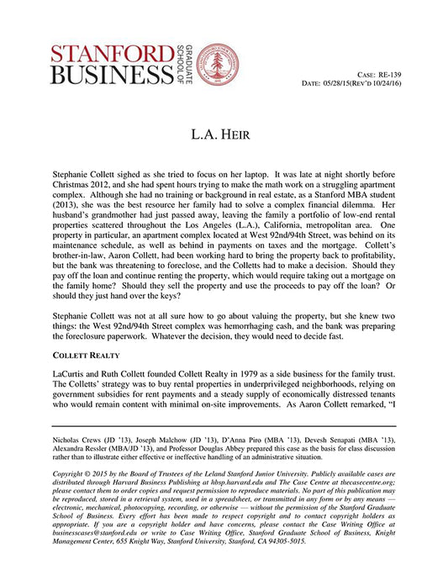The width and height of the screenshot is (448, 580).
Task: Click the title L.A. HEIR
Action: pyautogui.click(x=224, y=134)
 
